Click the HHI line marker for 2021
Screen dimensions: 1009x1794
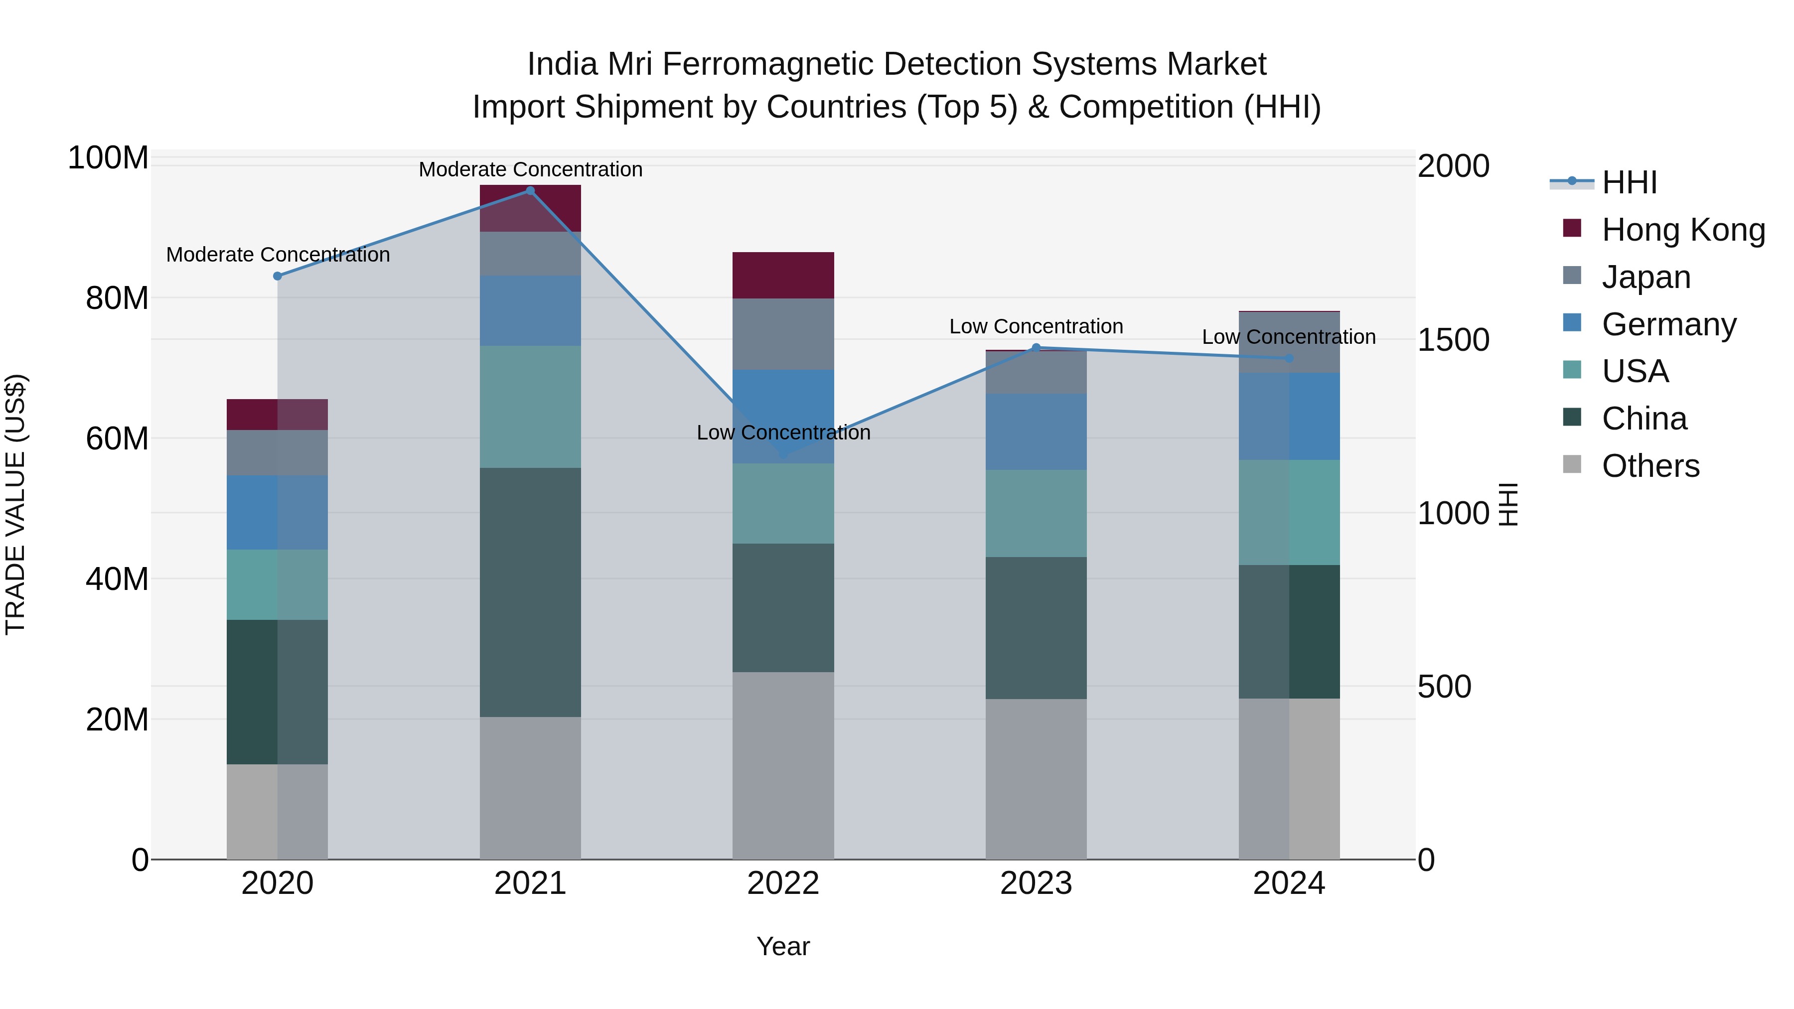click(x=530, y=191)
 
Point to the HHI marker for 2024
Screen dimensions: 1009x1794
click(x=1289, y=359)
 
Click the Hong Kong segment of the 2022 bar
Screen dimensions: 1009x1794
click(x=783, y=276)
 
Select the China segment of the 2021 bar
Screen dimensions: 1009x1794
click(x=530, y=592)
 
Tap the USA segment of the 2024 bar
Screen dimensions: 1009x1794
click(x=1289, y=513)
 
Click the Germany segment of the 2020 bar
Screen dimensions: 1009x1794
click(x=277, y=513)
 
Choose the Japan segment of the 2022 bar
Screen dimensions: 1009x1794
click(x=783, y=334)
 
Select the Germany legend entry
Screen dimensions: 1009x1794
click(x=1668, y=324)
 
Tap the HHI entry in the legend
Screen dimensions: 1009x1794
click(x=1629, y=182)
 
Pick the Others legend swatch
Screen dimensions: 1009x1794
click(x=1572, y=464)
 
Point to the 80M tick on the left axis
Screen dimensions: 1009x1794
click(x=117, y=299)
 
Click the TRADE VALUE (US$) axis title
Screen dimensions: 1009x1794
click(x=15, y=504)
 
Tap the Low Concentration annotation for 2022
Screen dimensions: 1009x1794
click(x=783, y=433)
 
